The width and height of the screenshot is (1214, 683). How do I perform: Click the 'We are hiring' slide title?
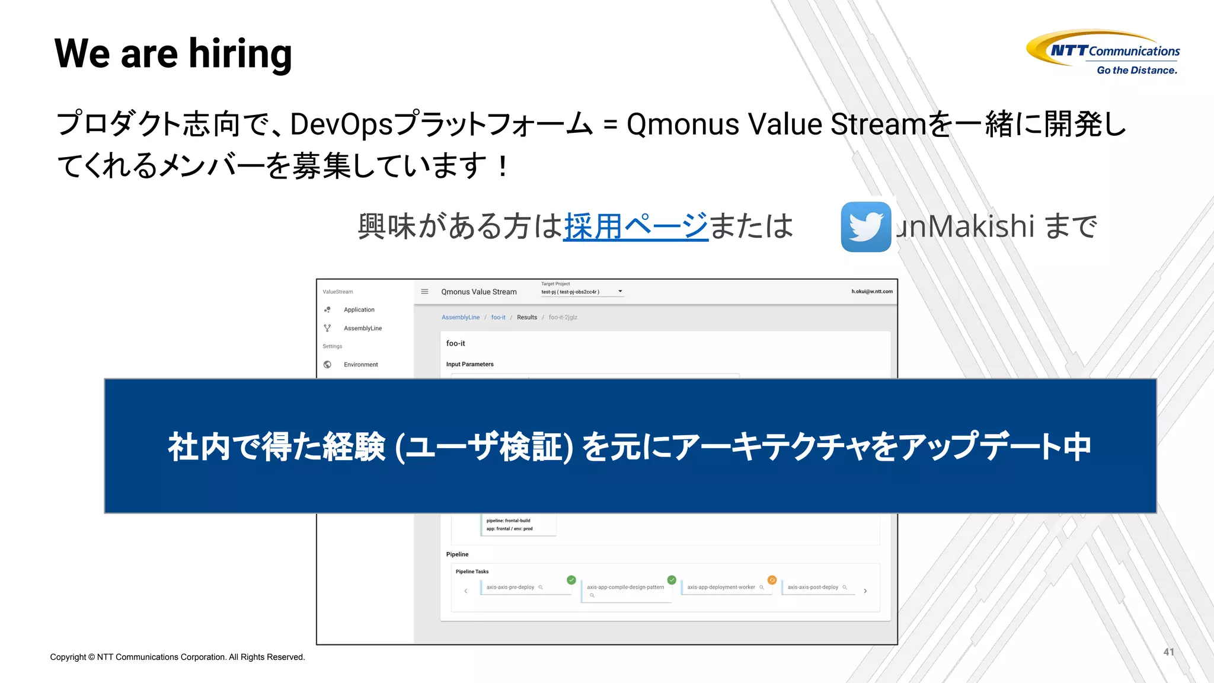pos(172,53)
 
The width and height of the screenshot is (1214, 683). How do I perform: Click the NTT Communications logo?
pos(1103,50)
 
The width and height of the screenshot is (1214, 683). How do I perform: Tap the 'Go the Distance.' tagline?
pos(1136,70)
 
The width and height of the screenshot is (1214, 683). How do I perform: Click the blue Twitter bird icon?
pos(865,226)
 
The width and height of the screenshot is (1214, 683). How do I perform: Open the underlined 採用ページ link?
pos(635,226)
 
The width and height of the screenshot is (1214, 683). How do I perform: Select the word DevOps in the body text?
pos(341,125)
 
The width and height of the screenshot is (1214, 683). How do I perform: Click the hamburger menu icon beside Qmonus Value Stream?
pos(424,291)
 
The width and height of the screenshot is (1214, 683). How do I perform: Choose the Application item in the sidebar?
pos(359,309)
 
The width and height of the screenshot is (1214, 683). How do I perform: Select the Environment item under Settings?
pos(360,365)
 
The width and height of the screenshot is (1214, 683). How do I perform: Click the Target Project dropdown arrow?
pos(620,291)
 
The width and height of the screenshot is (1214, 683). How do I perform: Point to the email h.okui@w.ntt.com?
pos(871,291)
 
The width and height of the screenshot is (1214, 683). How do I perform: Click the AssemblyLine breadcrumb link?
pos(460,317)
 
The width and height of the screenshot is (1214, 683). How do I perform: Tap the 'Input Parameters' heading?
pos(469,364)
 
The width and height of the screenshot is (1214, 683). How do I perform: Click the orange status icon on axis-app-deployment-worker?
pos(772,580)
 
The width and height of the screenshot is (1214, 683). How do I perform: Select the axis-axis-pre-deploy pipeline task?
pos(510,587)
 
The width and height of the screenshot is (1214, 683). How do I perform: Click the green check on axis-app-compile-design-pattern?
pos(672,580)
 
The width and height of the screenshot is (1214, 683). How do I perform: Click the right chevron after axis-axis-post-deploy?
pos(865,591)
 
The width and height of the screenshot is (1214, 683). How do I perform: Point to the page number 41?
pos(1168,652)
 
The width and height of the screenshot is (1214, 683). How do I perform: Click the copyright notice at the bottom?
pos(177,657)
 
